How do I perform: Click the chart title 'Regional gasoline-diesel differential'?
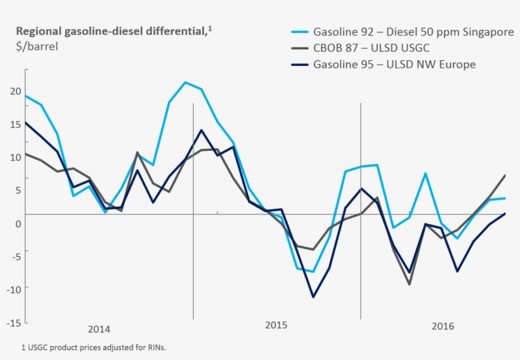point(110,31)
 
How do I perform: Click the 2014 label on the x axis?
point(99,329)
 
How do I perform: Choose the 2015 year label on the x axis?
point(276,325)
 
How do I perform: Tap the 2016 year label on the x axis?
point(443,326)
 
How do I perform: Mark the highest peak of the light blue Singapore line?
point(185,82)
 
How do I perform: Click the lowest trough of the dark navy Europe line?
point(313,297)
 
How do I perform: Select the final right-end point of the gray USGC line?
point(505,175)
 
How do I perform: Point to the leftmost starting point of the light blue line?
point(25,96)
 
